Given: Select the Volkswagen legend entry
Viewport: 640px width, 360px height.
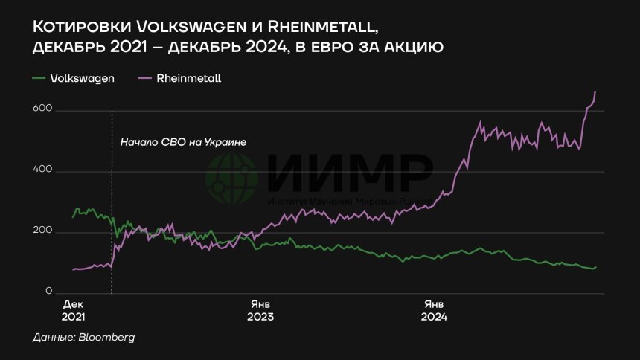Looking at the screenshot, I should [82, 77].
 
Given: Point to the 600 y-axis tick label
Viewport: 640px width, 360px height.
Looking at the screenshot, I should [44, 110].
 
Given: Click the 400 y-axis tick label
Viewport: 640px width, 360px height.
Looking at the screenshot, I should [44, 171].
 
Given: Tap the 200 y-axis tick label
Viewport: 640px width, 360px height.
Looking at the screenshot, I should [44, 231].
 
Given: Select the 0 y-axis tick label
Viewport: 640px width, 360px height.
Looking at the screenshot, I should [50, 292].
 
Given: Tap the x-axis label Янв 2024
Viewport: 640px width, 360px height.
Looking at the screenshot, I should [434, 311].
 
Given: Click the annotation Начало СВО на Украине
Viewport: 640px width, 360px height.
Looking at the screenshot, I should [182, 141].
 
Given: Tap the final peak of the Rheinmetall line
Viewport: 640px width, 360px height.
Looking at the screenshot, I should [595, 91].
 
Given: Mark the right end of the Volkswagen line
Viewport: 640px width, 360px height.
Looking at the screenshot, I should [595, 267].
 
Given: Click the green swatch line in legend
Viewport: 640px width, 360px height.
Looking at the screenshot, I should [39, 77].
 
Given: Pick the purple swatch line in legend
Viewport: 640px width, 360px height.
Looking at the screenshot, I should [145, 77].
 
